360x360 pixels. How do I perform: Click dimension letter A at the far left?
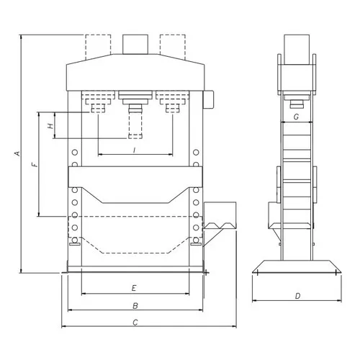(x=17, y=153)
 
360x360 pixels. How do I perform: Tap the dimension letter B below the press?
(x=135, y=306)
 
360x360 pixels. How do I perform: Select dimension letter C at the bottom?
(x=135, y=323)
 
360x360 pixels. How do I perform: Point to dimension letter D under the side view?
(x=297, y=296)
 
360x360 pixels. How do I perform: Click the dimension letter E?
(x=134, y=288)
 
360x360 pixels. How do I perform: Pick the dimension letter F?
(x=35, y=165)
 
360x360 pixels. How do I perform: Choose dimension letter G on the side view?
(x=297, y=117)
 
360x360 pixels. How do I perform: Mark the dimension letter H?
(x=50, y=126)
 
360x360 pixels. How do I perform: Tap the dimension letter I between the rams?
(x=135, y=150)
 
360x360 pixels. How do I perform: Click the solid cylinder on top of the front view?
(x=135, y=45)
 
